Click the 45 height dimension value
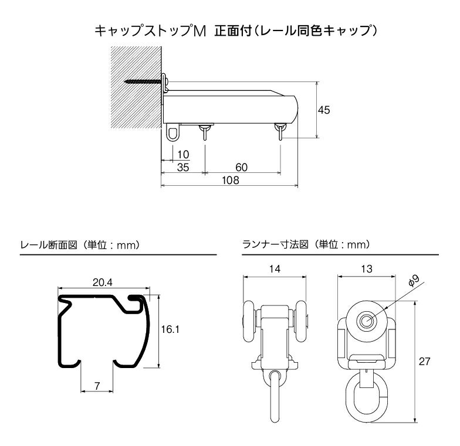tap(324, 110)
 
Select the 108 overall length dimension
tap(231, 181)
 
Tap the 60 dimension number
tap(242, 168)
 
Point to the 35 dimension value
tap(183, 168)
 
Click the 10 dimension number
tap(183, 155)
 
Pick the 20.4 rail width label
tap(103, 282)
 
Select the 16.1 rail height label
tap(170, 329)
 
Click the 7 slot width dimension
tap(97, 386)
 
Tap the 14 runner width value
tap(275, 268)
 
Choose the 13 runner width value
tap(367, 268)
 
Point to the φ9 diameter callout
tap(414, 281)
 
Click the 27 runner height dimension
tap(424, 362)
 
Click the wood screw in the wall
tap(144, 81)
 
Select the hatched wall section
tap(136, 87)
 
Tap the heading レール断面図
tap(49, 245)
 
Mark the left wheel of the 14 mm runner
tap(249, 321)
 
